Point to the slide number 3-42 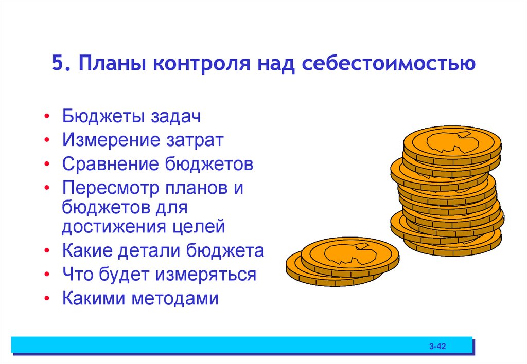(x=437, y=347)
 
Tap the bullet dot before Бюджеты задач (x=47, y=117)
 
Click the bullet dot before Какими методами (x=47, y=299)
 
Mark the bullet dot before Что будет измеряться (x=47, y=275)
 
